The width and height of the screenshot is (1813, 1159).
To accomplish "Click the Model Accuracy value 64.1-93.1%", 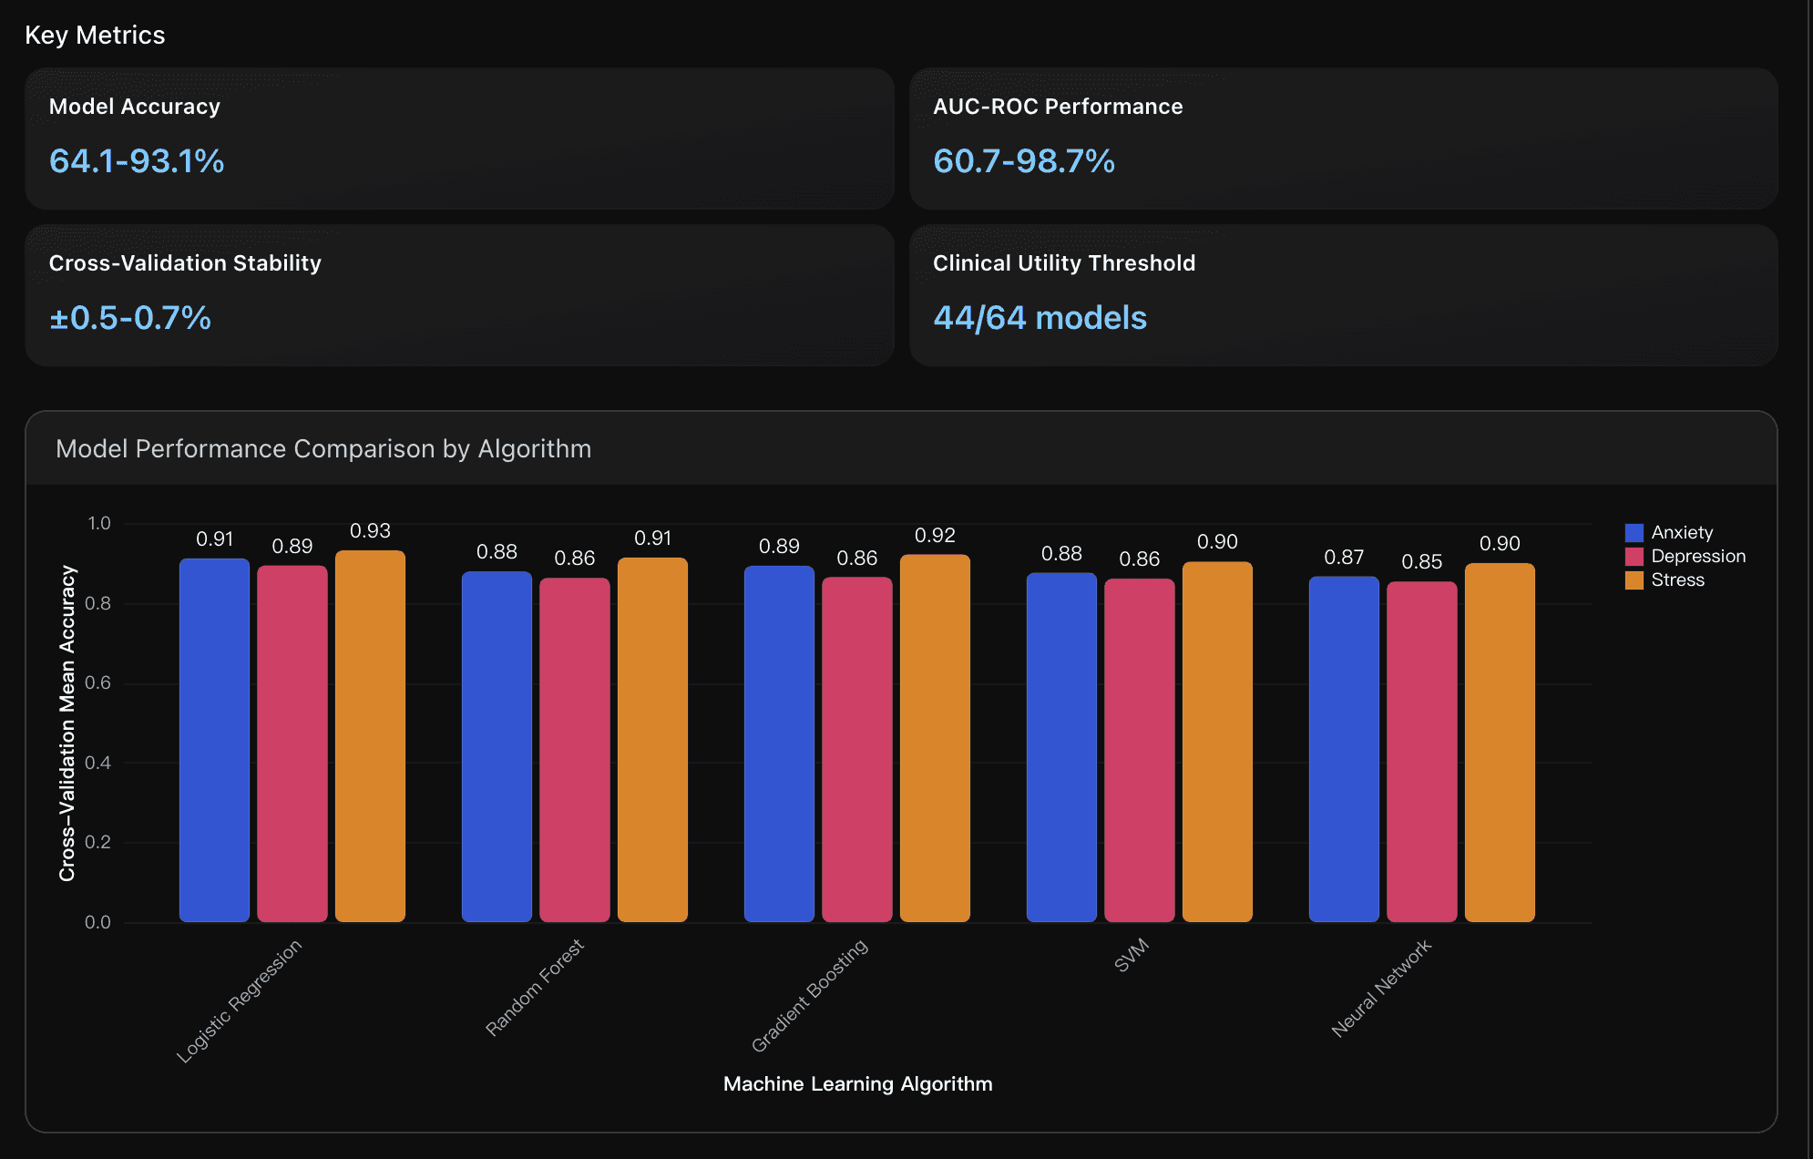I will click(x=137, y=161).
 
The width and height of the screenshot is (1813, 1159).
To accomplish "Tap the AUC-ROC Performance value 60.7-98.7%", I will click(x=1023, y=161).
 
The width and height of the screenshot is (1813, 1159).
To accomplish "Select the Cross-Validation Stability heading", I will click(x=185, y=263).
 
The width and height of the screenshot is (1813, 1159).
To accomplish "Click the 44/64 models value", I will click(x=1040, y=318).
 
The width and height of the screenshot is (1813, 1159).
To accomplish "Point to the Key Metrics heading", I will click(x=95, y=35).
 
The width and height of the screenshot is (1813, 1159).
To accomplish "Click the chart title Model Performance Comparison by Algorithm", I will click(x=323, y=449).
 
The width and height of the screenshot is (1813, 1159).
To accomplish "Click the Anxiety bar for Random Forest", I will click(x=497, y=747).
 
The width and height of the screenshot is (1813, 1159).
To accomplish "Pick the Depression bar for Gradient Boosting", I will click(x=856, y=749).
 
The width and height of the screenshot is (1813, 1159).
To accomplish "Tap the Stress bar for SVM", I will click(x=1217, y=742).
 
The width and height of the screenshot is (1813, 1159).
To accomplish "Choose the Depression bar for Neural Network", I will click(x=1421, y=752).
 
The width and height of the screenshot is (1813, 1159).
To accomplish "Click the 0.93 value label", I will click(x=370, y=531).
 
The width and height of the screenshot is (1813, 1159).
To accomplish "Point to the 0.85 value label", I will click(x=1421, y=562).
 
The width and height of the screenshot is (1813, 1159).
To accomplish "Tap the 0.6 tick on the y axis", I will click(x=97, y=683).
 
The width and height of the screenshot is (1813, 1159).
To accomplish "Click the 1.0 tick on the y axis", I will click(x=98, y=524).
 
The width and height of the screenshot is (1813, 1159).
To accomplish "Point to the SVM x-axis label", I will click(x=1132, y=956).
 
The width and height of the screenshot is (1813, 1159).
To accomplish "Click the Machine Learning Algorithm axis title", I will click(x=857, y=1084).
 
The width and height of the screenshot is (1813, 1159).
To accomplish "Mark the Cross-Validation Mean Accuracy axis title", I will click(x=67, y=723).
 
